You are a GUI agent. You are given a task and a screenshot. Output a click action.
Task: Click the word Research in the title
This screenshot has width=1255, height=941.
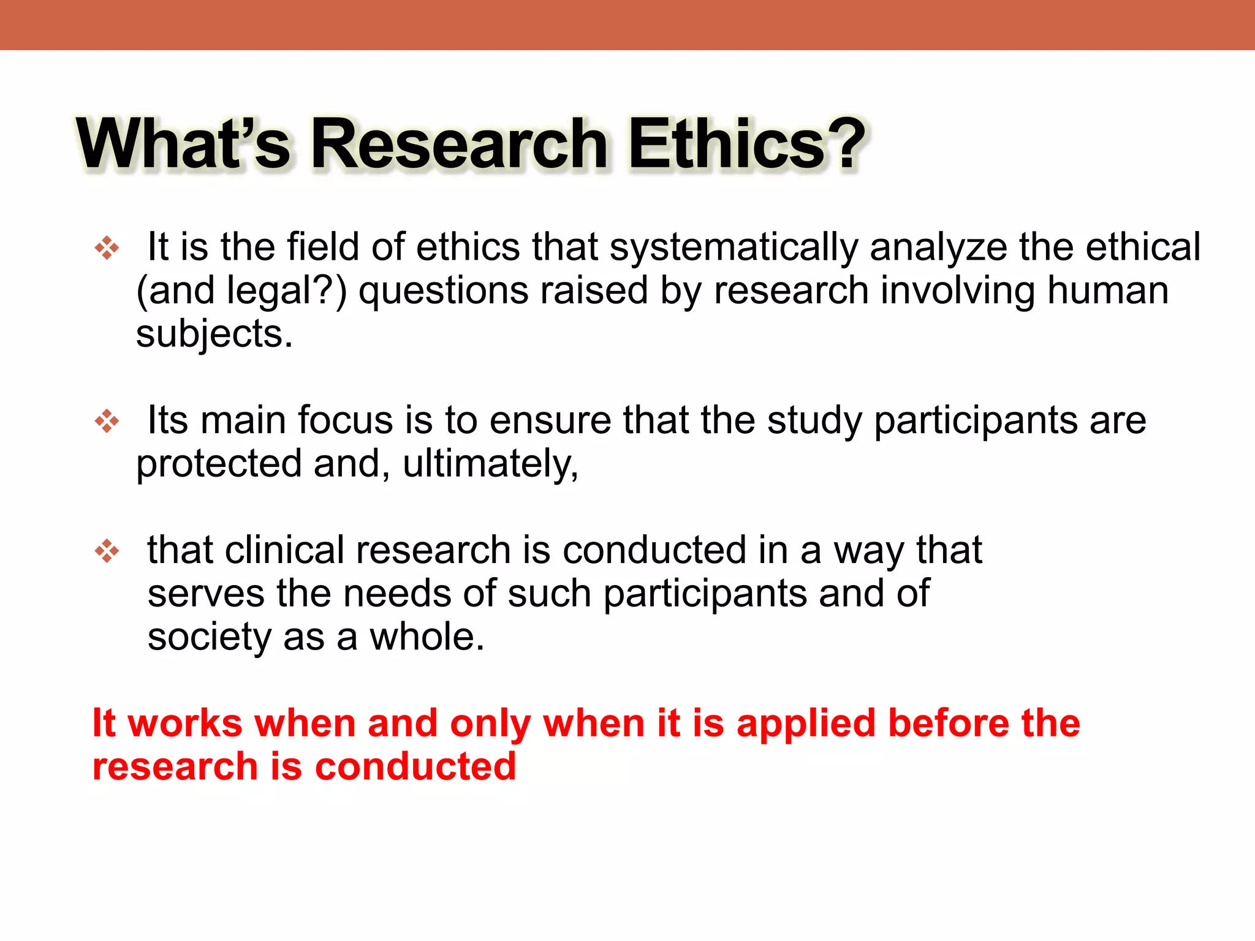460,144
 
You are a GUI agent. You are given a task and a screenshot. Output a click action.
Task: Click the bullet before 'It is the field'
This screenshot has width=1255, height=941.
107,248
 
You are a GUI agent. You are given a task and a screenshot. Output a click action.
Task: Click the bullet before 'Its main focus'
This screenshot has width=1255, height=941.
107,421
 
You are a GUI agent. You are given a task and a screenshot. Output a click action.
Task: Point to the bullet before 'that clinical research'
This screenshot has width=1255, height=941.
107,551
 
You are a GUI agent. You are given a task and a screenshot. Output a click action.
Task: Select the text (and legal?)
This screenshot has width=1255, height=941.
241,291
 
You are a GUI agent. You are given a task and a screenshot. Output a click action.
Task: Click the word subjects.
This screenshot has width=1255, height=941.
214,334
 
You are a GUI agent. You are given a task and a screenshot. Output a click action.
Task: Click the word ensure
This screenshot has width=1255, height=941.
550,421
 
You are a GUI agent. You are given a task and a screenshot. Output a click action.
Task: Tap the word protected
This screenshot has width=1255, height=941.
219,464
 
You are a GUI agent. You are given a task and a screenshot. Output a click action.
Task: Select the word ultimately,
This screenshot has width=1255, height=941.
490,464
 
